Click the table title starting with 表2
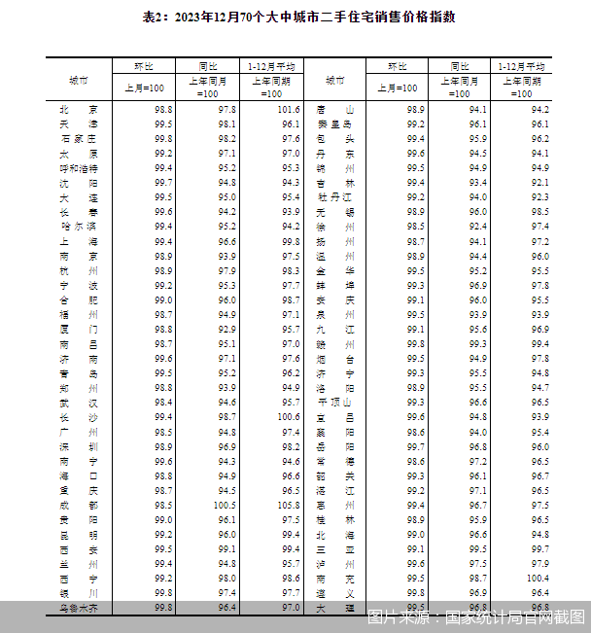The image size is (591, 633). point(295,18)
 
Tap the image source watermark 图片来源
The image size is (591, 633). point(475,615)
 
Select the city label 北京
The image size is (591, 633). point(78,110)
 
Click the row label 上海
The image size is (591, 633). point(78,241)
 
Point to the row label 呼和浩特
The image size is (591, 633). point(78,168)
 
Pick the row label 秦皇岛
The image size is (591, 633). point(335,124)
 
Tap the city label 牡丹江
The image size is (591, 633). point(335,197)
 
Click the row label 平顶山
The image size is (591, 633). point(335,402)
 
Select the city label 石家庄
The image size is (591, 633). point(78,139)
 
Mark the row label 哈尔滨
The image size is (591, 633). point(78,227)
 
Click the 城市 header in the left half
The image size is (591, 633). point(78,80)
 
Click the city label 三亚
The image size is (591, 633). point(335,548)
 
